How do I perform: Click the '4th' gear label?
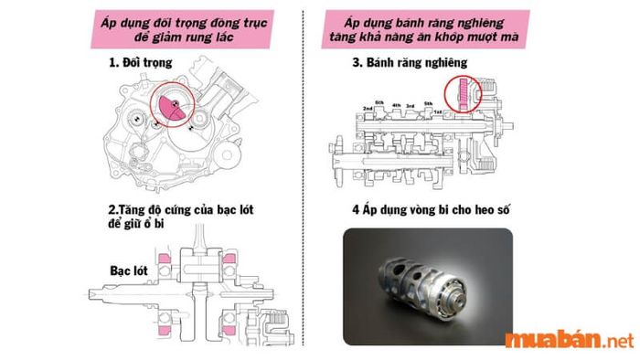click(x=396, y=106)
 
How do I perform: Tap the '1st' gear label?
click(x=439, y=111)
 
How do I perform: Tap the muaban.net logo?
click(x=568, y=341)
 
